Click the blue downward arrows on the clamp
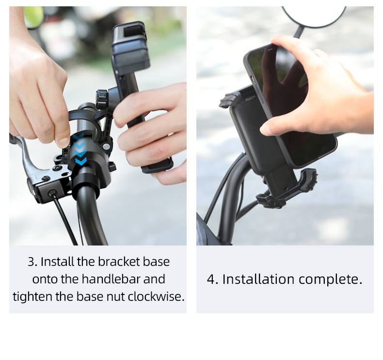pyautogui.click(x=80, y=149)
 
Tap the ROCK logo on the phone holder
pyautogui.click(x=250, y=99)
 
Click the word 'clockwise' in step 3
pyautogui.click(x=156, y=296)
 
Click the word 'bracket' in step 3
pyautogui.click(x=119, y=262)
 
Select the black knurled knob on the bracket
pyautogui.click(x=102, y=99)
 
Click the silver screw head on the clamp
pyautogui.click(x=106, y=147)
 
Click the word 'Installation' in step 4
pyautogui.click(x=258, y=279)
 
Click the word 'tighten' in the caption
pyautogui.click(x=32, y=296)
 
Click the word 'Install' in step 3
pyautogui.click(x=57, y=262)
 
